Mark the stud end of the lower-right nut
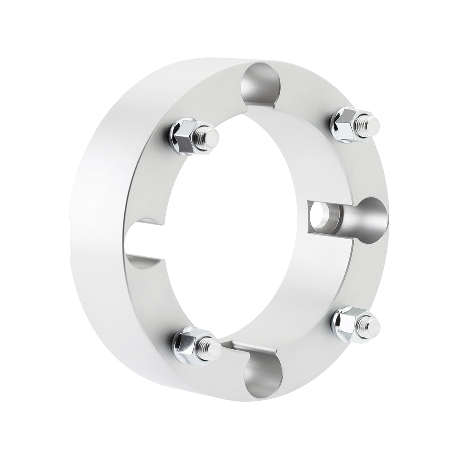point(373,325)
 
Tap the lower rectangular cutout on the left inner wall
point(147,264)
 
